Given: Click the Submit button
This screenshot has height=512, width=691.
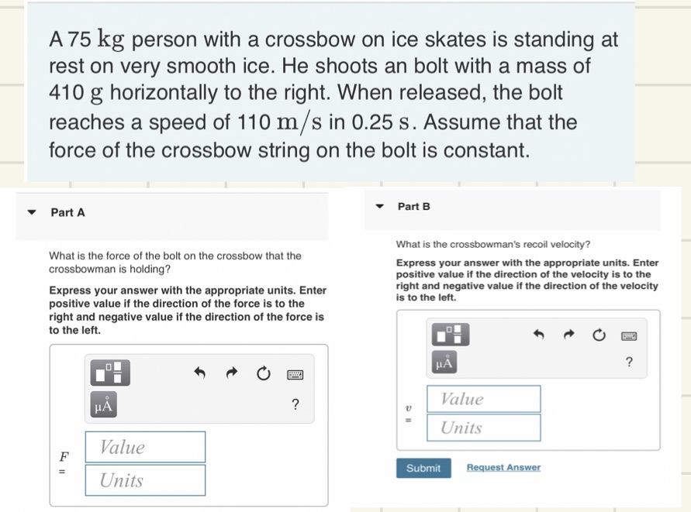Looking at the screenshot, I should [423, 468].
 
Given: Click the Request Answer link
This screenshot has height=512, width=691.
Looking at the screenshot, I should [503, 468].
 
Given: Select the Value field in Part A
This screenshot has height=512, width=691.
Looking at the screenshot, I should [145, 447].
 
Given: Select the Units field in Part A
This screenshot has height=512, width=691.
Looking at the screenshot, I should [145, 480].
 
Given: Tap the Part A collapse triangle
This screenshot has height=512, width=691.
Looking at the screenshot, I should [32, 211].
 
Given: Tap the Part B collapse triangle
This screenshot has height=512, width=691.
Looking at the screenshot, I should [379, 207].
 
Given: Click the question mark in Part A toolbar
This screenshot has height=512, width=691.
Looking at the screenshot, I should [294, 404].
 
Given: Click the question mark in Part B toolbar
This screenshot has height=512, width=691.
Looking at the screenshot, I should [629, 362].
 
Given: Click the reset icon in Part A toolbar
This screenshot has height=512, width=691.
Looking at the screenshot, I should [262, 375].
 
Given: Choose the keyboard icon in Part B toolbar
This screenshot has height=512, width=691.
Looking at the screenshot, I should [629, 336].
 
